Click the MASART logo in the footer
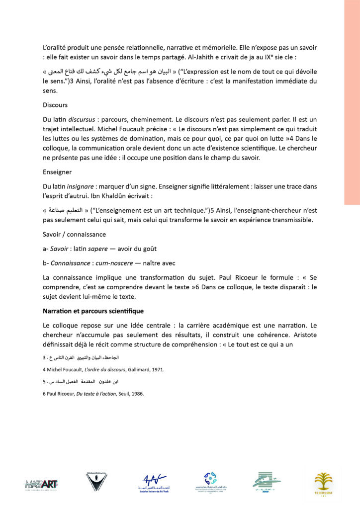click(x=42, y=483)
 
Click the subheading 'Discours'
click(x=55, y=105)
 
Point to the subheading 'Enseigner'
click(x=57, y=172)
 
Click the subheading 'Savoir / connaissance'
click(x=74, y=234)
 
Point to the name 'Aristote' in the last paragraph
click(x=302, y=335)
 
